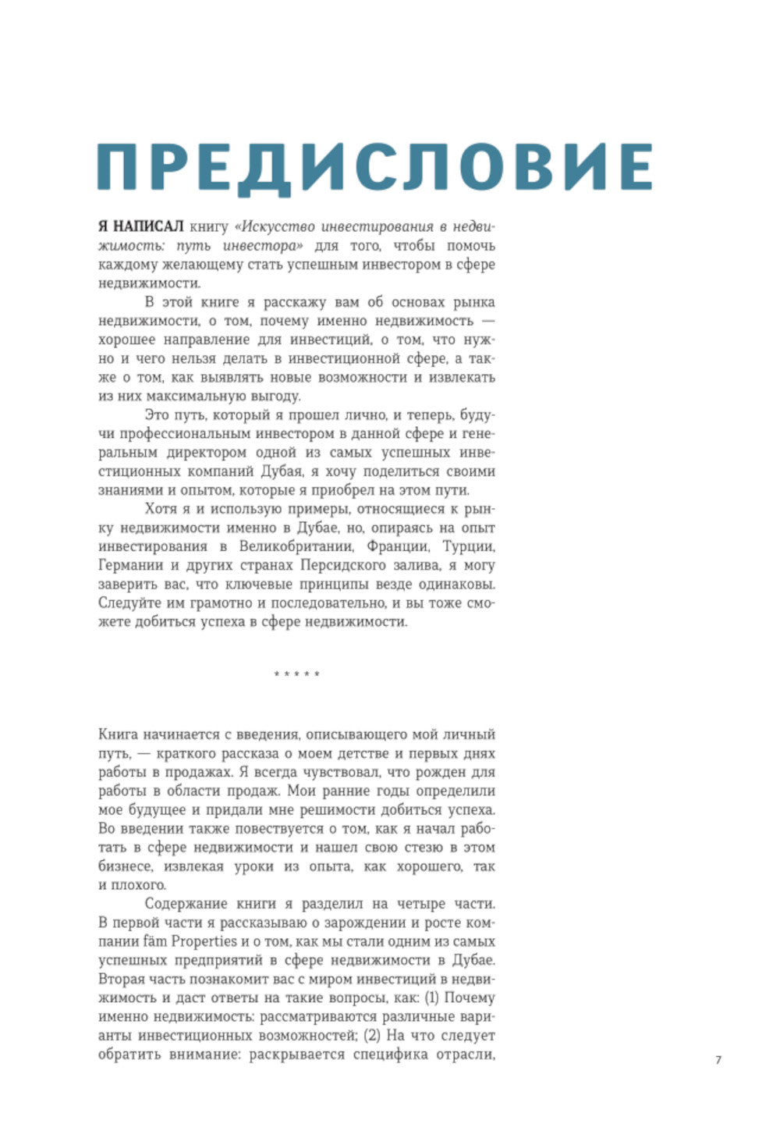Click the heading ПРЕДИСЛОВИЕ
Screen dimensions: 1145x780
pos(374,165)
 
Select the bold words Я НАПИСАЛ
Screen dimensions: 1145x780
pos(140,226)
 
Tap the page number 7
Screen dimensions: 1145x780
pos(718,1059)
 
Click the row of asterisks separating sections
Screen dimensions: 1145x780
pos(296,674)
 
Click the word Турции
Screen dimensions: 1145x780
pos(468,546)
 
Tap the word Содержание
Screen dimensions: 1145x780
pos(185,904)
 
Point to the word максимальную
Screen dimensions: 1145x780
pos(188,396)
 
